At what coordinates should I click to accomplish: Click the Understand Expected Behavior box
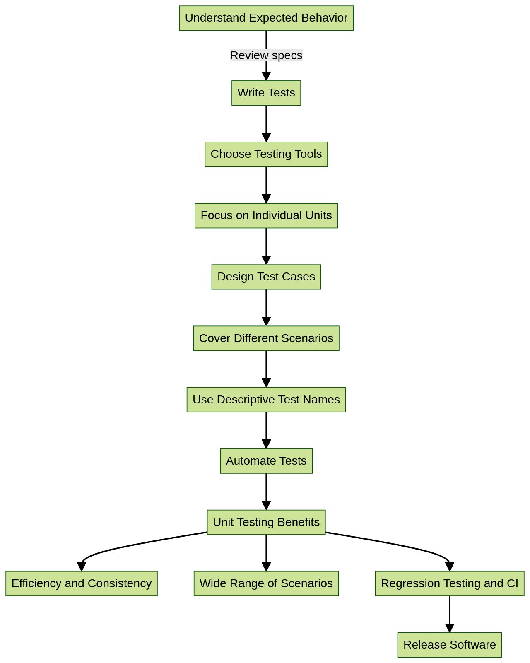point(266,18)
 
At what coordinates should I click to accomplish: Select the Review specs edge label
point(266,55)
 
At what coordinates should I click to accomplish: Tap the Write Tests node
point(266,93)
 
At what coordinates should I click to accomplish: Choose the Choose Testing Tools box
point(266,154)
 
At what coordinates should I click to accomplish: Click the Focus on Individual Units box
point(266,215)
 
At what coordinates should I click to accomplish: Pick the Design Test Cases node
point(266,277)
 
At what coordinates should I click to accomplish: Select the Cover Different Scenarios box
point(266,338)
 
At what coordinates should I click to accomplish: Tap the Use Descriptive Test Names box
point(266,399)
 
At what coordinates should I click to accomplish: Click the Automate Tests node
point(266,460)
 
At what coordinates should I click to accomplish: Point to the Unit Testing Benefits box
point(266,522)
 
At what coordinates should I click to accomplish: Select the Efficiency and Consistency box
point(82,583)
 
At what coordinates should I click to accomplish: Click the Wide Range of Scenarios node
point(266,583)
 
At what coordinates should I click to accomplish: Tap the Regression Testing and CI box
point(449,583)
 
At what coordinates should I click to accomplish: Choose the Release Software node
point(449,644)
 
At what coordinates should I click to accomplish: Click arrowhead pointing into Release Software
point(449,628)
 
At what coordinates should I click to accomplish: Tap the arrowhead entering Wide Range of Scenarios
point(266,567)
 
